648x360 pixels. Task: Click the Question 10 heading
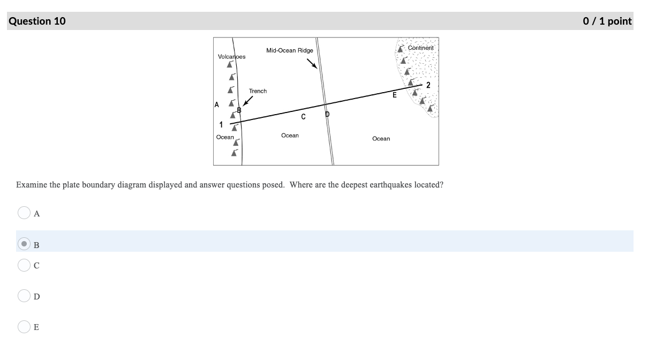pyautogui.click(x=37, y=21)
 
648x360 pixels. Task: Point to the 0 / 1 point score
pyautogui.click(x=607, y=21)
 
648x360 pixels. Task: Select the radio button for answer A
pyautogui.click(x=24, y=213)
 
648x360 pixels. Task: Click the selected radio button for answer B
pyautogui.click(x=24, y=244)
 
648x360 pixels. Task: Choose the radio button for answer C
pyautogui.click(x=24, y=265)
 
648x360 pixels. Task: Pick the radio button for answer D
pyautogui.click(x=24, y=296)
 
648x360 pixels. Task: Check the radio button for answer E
pyautogui.click(x=24, y=326)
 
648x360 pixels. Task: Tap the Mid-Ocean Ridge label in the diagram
pyautogui.click(x=289, y=50)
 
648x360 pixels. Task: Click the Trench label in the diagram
pyautogui.click(x=258, y=91)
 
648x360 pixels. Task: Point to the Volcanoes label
pyautogui.click(x=231, y=57)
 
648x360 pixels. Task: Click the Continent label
pyautogui.click(x=420, y=48)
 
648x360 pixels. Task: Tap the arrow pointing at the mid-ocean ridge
pyautogui.click(x=312, y=64)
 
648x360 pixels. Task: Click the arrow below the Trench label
pyautogui.click(x=247, y=101)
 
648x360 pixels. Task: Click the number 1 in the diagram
pyautogui.click(x=221, y=125)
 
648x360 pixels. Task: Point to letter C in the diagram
pyautogui.click(x=303, y=116)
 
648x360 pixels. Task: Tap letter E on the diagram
pyautogui.click(x=395, y=95)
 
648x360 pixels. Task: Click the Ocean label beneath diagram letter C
pyautogui.click(x=290, y=136)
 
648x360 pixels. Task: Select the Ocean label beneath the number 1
pyautogui.click(x=225, y=137)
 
